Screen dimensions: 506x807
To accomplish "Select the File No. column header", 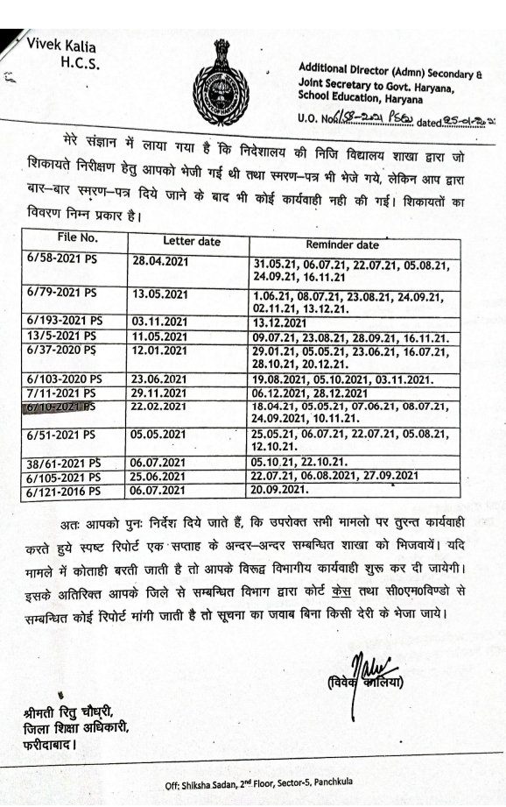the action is [x=79, y=238].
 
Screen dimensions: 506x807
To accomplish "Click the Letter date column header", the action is [x=192, y=241].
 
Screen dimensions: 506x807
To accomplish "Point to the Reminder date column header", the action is [x=342, y=245].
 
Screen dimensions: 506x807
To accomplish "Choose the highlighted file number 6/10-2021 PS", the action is [x=67, y=407].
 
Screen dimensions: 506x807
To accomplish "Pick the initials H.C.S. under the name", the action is [x=81, y=62].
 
